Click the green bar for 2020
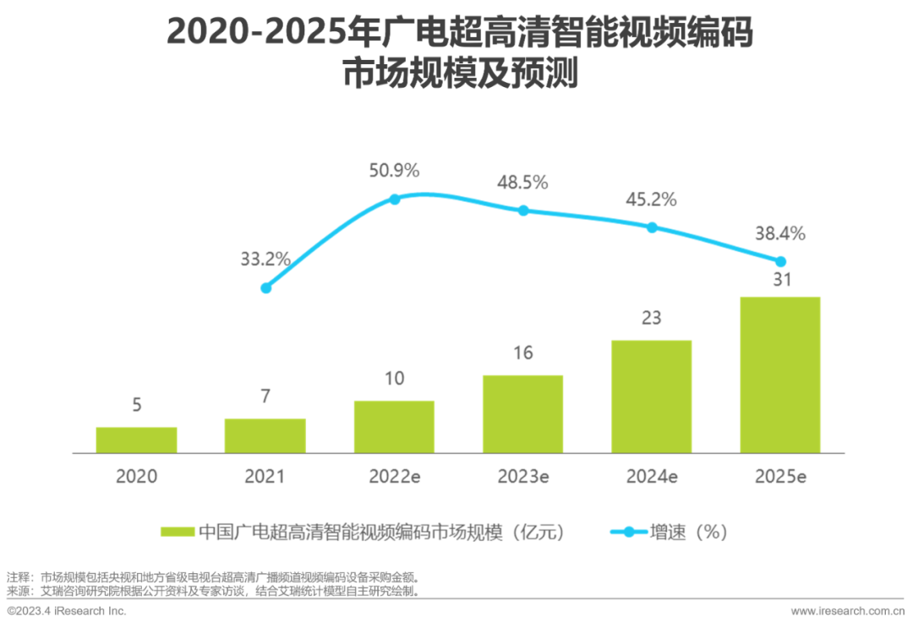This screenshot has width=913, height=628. coord(136,440)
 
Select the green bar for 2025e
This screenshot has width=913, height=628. coord(780,374)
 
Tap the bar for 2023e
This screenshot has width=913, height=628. coord(522,414)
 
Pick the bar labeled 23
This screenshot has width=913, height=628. coord(651,396)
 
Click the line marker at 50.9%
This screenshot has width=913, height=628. coord(394,199)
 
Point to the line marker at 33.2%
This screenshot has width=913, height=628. coord(265,287)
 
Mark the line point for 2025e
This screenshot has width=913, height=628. coord(780,261)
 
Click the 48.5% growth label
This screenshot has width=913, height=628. coord(523,182)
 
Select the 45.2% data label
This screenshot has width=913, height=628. coord(652,199)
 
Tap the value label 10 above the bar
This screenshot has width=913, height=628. coord(394,378)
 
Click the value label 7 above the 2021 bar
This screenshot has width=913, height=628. coord(265,396)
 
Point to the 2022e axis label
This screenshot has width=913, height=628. coord(394,477)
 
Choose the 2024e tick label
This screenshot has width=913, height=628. coord(652,477)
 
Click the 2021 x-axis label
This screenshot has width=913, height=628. coord(265,477)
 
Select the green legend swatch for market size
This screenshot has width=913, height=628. coord(178,532)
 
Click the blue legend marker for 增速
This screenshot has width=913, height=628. coord(627,532)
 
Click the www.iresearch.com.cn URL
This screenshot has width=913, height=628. coord(847,610)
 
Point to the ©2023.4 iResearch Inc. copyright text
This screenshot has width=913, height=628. coord(67,610)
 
